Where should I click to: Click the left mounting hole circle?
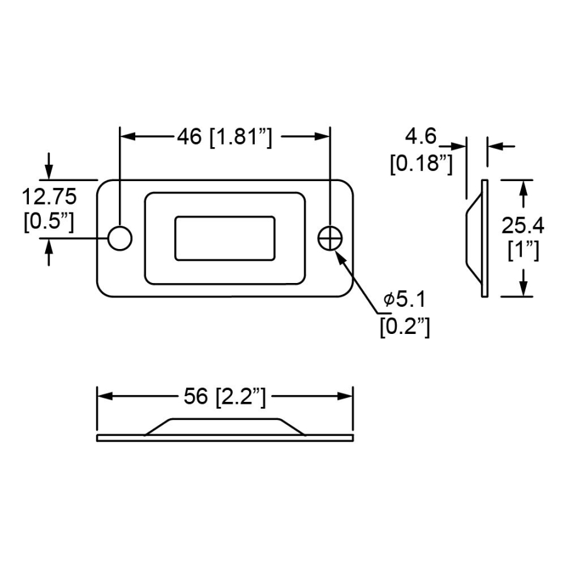click(x=119, y=238)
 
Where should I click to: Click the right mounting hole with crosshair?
click(x=330, y=238)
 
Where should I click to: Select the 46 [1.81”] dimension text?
click(x=225, y=136)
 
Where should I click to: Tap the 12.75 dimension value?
click(x=50, y=197)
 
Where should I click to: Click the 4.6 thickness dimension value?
click(x=421, y=137)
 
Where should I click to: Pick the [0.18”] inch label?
click(x=421, y=164)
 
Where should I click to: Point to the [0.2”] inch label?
click(x=405, y=326)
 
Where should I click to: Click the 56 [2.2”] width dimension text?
click(x=225, y=396)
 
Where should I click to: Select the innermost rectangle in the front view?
click(x=225, y=238)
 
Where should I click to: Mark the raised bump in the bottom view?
click(x=225, y=426)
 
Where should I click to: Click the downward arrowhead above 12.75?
click(x=50, y=173)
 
